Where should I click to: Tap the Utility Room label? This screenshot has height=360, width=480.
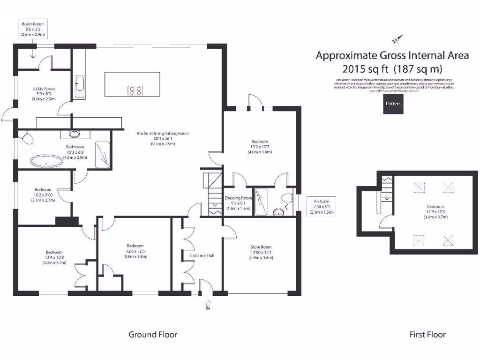tap(44, 94)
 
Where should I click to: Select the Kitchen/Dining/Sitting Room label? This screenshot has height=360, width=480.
tap(163, 139)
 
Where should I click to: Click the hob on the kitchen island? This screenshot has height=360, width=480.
tap(136, 90)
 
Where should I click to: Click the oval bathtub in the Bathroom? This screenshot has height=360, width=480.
tap(46, 162)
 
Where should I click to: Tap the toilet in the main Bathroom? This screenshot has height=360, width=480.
tap(26, 138)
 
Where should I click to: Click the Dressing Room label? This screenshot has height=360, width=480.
tap(239, 202)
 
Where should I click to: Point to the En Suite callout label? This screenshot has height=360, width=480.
tap(321, 207)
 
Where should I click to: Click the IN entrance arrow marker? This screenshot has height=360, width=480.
tap(207, 306)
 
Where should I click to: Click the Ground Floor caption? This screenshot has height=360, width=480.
tap(153, 334)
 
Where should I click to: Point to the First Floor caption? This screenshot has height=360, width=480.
tap(427, 334)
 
